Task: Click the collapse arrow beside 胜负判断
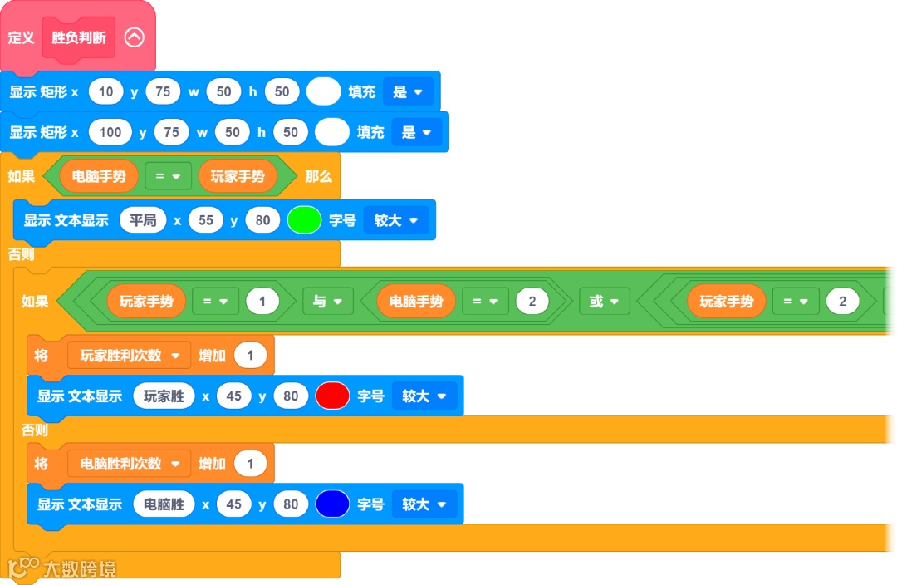[134, 37]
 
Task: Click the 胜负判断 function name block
[79, 37]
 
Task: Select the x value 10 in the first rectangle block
[105, 91]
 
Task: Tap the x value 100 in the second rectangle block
[110, 132]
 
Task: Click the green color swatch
[304, 220]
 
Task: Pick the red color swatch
[332, 396]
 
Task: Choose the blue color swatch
[332, 504]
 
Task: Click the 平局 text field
[143, 220]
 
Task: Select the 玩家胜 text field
[164, 396]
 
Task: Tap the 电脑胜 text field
[164, 504]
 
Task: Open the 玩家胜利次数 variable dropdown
[130, 356]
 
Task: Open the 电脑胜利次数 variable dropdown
[130, 464]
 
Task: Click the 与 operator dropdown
[328, 302]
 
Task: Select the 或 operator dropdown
[604, 302]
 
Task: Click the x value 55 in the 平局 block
[205, 220]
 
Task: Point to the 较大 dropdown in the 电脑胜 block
[424, 504]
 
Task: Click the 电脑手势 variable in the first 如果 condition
[99, 176]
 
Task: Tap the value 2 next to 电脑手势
[532, 302]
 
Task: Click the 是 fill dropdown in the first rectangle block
[408, 91]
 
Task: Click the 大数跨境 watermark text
[80, 569]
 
